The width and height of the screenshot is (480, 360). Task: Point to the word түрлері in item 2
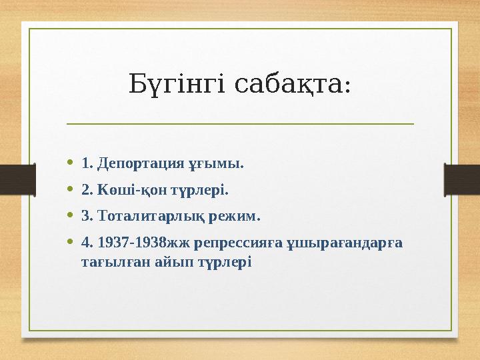(x=201, y=190)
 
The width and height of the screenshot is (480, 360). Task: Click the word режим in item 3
(x=236, y=217)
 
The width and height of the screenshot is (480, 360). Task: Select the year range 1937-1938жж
(x=136, y=243)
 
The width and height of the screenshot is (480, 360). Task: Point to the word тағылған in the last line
(x=109, y=261)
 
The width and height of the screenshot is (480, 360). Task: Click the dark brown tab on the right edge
(x=462, y=179)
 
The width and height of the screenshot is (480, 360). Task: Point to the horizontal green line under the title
(x=240, y=124)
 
